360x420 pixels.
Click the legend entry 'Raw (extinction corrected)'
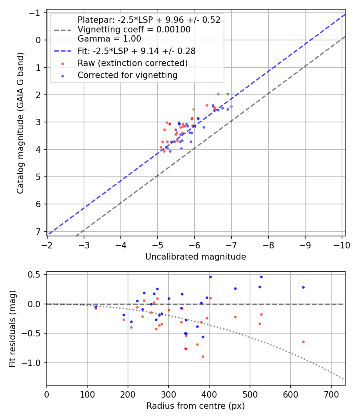pos(132,63)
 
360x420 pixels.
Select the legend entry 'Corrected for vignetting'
pos(127,75)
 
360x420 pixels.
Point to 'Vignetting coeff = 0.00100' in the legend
pos(134,30)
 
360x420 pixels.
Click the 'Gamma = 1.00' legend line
pos(109,39)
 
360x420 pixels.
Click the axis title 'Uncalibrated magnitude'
pos(196,257)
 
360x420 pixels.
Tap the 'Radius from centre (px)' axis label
pos(196,406)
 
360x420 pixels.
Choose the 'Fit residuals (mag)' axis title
pos(12,328)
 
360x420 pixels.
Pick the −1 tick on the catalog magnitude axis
pos(37,13)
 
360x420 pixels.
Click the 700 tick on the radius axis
pos(331,394)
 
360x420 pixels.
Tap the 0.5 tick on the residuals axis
pos(36,275)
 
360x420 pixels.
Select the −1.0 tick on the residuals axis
pos(35,363)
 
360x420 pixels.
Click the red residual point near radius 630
pos(303,342)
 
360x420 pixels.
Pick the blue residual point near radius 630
pos(303,287)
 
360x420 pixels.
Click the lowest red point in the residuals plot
pos(203,356)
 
